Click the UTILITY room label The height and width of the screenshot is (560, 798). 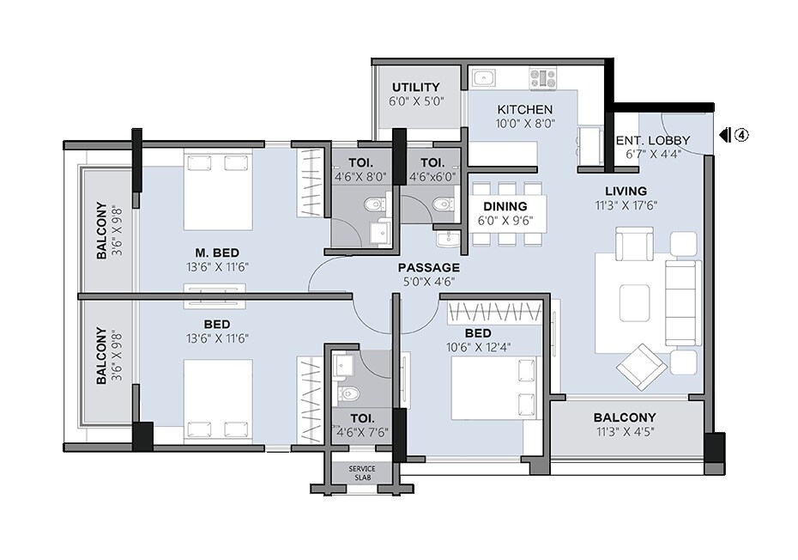pyautogui.click(x=415, y=87)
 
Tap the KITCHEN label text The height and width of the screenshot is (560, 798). pyautogui.click(x=525, y=110)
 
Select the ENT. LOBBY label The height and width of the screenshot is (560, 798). pyautogui.click(x=653, y=141)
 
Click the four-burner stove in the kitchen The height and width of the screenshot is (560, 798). pyautogui.click(x=542, y=79)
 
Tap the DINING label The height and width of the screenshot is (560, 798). pyautogui.click(x=505, y=206)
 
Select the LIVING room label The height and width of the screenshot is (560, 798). pyautogui.click(x=625, y=191)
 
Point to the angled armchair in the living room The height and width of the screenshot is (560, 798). pyautogui.click(x=641, y=364)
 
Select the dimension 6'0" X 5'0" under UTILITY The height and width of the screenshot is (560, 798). pyautogui.click(x=415, y=100)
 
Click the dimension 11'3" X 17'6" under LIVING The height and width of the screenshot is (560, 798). pyautogui.click(x=625, y=205)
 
